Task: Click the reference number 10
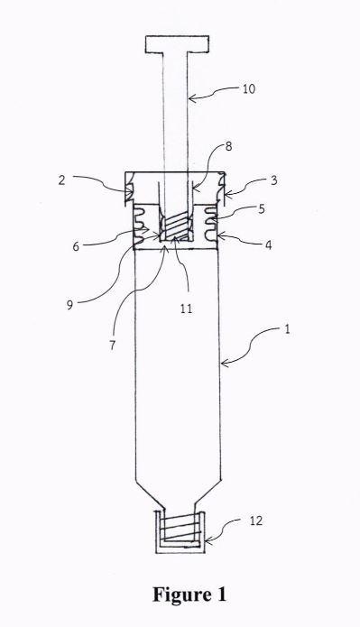(249, 88)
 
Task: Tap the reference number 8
(228, 146)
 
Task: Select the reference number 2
(61, 180)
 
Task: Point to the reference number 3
(273, 180)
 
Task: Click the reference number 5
(261, 208)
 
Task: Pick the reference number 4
(269, 244)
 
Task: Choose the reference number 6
(76, 246)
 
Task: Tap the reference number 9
(69, 305)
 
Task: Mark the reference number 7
(113, 345)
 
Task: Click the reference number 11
(186, 309)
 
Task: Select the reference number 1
(287, 330)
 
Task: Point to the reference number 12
(256, 521)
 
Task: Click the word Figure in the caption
(179, 595)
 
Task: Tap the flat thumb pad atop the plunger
(177, 44)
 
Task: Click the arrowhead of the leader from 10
(191, 97)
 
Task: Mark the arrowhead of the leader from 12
(208, 541)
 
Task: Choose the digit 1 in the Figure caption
(219, 595)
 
